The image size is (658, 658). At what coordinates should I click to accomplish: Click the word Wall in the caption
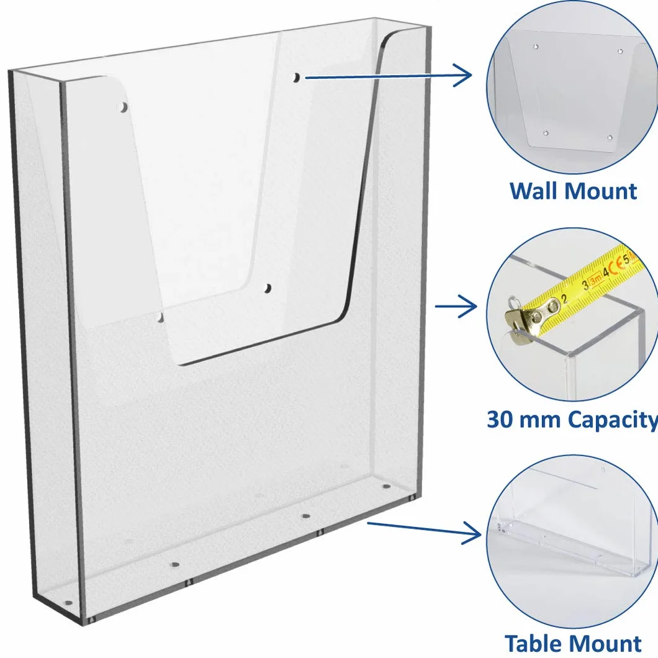[533, 191]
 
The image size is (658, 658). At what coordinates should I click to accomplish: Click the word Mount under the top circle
[600, 191]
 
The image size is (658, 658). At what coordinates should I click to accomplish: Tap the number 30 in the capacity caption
[500, 419]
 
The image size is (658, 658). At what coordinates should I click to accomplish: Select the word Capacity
[612, 420]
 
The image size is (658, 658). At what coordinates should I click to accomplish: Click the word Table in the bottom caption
[532, 643]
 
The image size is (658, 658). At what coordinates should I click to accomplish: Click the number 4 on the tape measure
[606, 273]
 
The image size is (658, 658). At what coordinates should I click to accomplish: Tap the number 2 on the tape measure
[565, 299]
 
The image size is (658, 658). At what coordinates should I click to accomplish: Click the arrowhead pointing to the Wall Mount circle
[463, 75]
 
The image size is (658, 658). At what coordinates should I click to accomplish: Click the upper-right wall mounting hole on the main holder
[296, 77]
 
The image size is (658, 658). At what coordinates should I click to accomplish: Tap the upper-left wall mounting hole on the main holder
[124, 107]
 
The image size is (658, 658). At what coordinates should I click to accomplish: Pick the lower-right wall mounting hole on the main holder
[268, 288]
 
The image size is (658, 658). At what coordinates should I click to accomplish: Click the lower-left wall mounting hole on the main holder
[160, 318]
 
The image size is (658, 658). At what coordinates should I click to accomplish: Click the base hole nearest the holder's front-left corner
[68, 603]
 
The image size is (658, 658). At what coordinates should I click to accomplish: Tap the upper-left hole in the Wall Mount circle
[536, 47]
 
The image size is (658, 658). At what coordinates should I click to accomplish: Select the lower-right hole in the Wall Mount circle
[610, 137]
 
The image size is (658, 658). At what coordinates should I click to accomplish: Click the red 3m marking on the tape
[595, 281]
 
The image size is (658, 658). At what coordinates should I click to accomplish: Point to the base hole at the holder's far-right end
[386, 487]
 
